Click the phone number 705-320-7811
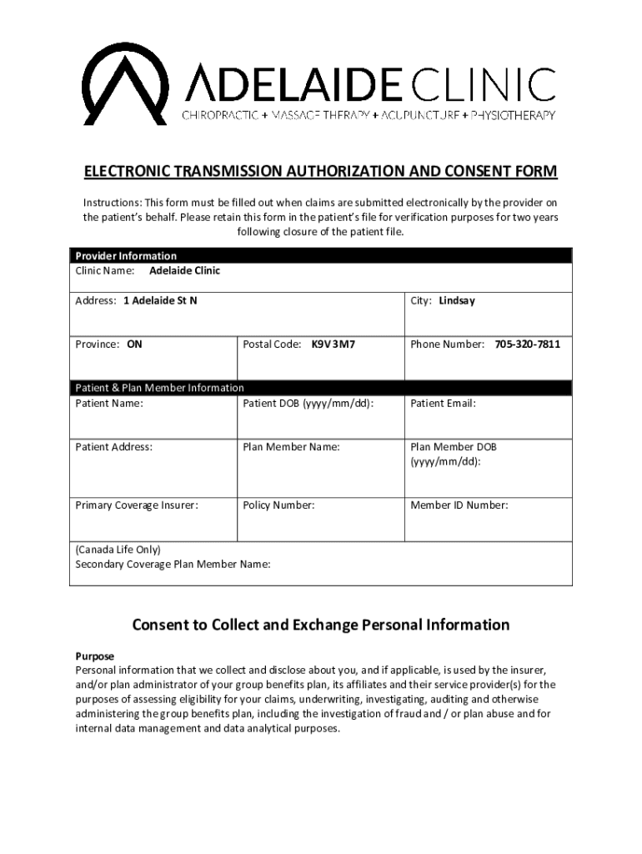(527, 344)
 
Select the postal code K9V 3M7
(333, 344)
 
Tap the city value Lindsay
(457, 300)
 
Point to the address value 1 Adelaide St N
(160, 300)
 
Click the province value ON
(134, 344)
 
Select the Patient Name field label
(109, 404)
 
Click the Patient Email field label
(443, 404)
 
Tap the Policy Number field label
(278, 505)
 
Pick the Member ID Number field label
(459, 505)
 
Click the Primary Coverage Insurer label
(137, 505)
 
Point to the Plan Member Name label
(291, 447)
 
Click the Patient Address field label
(114, 447)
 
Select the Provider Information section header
(126, 256)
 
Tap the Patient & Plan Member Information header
(160, 388)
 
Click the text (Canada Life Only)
(118, 550)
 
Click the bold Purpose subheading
(95, 656)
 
